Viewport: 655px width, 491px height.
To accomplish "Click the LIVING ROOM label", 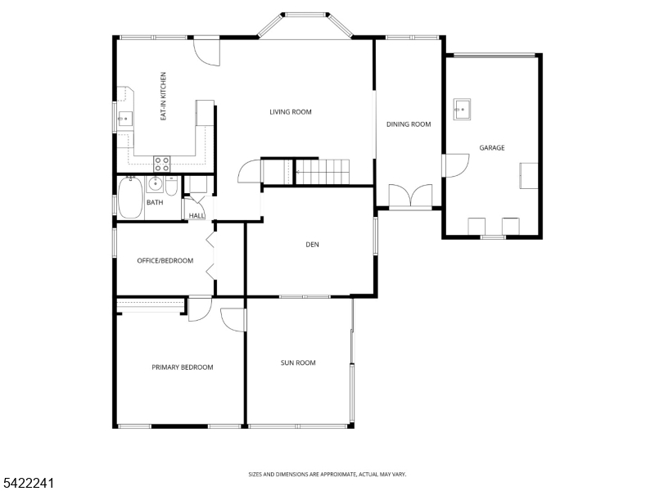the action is tap(291, 112).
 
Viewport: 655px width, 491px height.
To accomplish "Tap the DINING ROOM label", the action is tap(409, 124).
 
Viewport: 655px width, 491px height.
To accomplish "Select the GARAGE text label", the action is tap(492, 148).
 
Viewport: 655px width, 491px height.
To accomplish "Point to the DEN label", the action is tap(312, 245).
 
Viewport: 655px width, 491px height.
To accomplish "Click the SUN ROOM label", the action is tap(298, 363).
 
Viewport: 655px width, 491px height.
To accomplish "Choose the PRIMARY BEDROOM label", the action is tap(182, 367).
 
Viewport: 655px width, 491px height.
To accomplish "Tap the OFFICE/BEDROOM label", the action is tap(165, 260).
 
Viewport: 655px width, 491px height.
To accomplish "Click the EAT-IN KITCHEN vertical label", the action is tap(163, 97).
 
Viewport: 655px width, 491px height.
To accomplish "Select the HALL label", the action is tap(196, 216).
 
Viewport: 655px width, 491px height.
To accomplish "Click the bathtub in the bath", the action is tap(130, 198).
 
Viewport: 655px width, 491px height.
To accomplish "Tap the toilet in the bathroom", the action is tap(171, 187).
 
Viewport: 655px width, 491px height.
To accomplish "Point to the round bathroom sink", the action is tap(156, 183).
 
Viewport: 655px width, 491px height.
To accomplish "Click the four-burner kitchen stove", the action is tap(161, 164).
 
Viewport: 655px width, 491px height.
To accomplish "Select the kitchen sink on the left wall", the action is tap(124, 119).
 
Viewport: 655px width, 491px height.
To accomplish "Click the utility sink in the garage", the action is tap(462, 110).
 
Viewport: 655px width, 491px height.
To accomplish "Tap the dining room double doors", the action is tap(411, 196).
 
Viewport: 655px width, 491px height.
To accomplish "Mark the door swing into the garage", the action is tap(457, 166).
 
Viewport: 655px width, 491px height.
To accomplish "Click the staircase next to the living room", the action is tap(305, 171).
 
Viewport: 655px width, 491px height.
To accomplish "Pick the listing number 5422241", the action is tap(27, 483).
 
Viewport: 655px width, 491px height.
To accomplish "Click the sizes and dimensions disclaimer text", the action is tap(327, 475).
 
